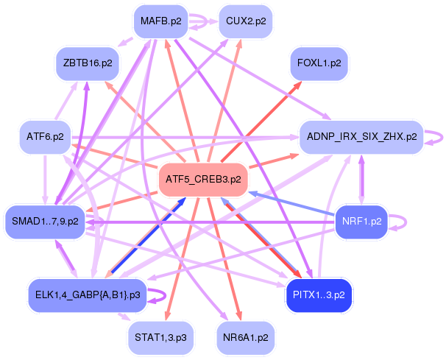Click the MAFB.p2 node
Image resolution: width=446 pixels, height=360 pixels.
click(160, 21)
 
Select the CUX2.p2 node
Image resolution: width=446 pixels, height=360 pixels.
click(246, 21)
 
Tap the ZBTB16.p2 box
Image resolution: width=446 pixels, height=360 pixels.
click(88, 63)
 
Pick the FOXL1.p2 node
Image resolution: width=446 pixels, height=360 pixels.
click(319, 63)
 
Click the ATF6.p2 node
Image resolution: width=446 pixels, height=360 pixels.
click(45, 137)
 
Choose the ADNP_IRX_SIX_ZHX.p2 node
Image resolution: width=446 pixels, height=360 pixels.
click(361, 137)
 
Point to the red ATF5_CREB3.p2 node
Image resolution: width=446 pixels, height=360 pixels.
click(203, 180)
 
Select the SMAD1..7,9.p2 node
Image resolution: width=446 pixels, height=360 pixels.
click(45, 222)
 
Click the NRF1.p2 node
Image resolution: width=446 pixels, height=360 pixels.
click(361, 222)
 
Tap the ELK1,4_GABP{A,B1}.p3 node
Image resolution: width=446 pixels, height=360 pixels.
click(88, 295)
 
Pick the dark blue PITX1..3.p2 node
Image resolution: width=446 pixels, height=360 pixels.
click(319, 295)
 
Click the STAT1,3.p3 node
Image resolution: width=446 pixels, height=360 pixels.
click(160, 338)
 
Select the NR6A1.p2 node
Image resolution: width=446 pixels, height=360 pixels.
click(246, 338)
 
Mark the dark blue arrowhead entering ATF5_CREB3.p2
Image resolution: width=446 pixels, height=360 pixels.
click(181, 202)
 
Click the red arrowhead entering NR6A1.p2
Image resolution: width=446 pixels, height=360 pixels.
click(238, 315)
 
